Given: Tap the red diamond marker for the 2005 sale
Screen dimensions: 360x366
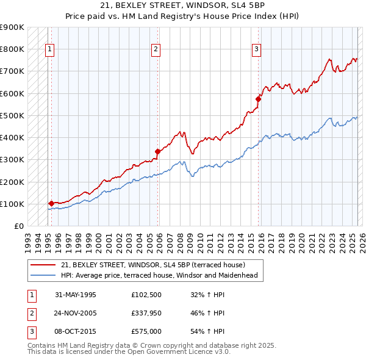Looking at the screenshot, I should (x=157, y=151).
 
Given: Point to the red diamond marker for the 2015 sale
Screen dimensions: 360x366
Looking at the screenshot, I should (x=258, y=99).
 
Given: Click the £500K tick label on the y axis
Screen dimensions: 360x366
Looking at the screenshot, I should (x=12, y=115).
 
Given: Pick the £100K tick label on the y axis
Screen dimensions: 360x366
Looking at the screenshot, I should (x=12, y=204).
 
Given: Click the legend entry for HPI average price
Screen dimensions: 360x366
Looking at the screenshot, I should (x=159, y=275).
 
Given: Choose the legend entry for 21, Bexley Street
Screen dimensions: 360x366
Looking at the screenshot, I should (x=152, y=265).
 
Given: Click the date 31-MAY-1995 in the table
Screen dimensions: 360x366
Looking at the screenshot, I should (x=76, y=295).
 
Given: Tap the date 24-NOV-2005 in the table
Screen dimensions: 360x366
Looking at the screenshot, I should (x=76, y=313).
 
